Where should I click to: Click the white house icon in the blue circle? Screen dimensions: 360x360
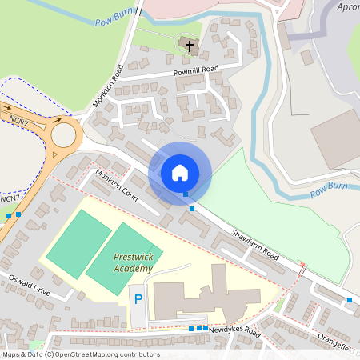pyautogui.click(x=179, y=173)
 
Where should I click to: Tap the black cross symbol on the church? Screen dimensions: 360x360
pyautogui.click(x=190, y=46)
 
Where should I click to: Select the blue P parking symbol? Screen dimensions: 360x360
pyautogui.click(x=138, y=300)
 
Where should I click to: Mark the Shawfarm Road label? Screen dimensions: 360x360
pyautogui.click(x=254, y=244)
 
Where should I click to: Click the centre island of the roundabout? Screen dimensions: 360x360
pyautogui.click(x=62, y=135)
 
